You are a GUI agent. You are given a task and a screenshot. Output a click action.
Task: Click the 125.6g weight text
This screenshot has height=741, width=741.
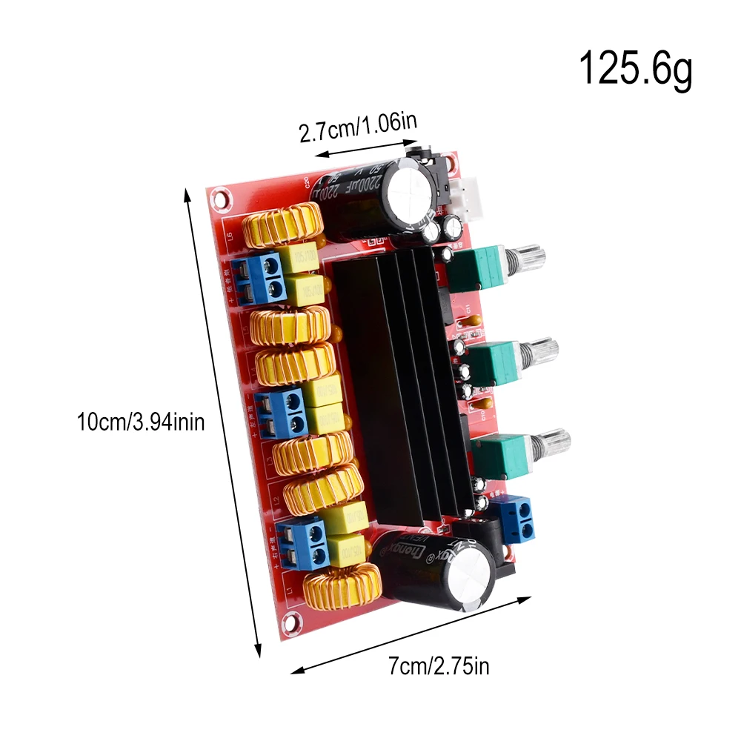pyautogui.click(x=635, y=68)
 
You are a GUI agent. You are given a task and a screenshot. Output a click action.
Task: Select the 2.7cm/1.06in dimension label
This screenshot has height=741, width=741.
pyautogui.click(x=357, y=129)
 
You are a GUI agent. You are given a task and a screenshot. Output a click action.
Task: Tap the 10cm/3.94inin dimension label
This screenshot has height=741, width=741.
pyautogui.click(x=141, y=423)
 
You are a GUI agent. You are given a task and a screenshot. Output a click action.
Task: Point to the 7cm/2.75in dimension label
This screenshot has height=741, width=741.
pyautogui.click(x=439, y=666)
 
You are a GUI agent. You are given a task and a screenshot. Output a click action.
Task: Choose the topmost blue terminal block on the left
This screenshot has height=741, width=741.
pyautogui.click(x=257, y=277)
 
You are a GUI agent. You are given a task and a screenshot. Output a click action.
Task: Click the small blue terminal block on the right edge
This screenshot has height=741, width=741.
pyautogui.click(x=516, y=517)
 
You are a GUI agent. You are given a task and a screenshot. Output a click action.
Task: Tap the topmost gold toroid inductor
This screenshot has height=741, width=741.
pyautogui.click(x=284, y=225)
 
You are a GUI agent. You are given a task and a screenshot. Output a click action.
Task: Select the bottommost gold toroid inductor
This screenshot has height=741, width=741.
pyautogui.click(x=342, y=586)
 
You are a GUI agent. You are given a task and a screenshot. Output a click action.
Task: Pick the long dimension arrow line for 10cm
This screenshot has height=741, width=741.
pyautogui.click(x=222, y=422)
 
